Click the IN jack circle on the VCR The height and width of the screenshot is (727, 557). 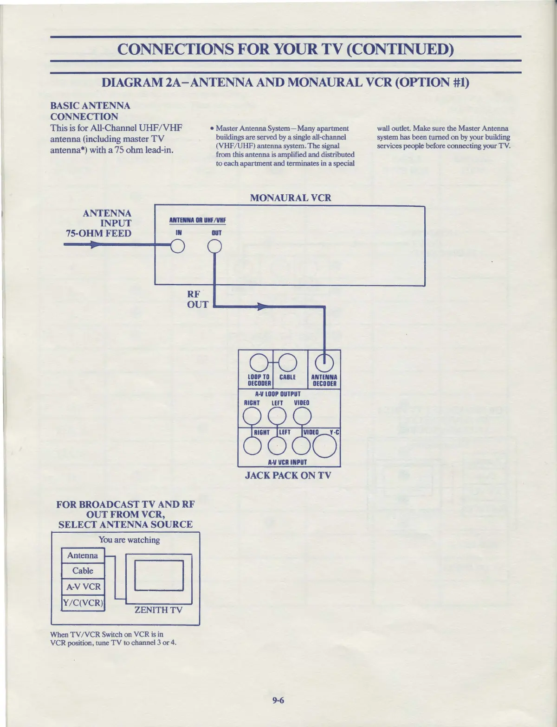(178, 247)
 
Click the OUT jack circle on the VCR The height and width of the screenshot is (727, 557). (215, 247)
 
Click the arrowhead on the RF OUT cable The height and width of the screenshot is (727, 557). (263, 306)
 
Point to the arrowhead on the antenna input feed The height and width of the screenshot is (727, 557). (94, 245)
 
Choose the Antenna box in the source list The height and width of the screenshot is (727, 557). (83, 555)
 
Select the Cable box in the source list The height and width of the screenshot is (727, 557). (83, 571)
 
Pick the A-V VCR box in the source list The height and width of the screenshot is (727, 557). (83, 587)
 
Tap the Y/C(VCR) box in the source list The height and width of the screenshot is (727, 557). (83, 603)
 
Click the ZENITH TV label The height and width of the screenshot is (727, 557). (158, 610)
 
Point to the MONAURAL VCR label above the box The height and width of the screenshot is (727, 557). (291, 198)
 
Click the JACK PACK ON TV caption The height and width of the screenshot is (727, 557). (288, 475)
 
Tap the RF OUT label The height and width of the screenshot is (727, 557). (197, 300)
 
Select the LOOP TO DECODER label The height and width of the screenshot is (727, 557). (259, 380)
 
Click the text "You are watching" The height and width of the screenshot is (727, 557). (129, 540)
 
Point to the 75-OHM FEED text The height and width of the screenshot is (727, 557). (98, 233)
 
